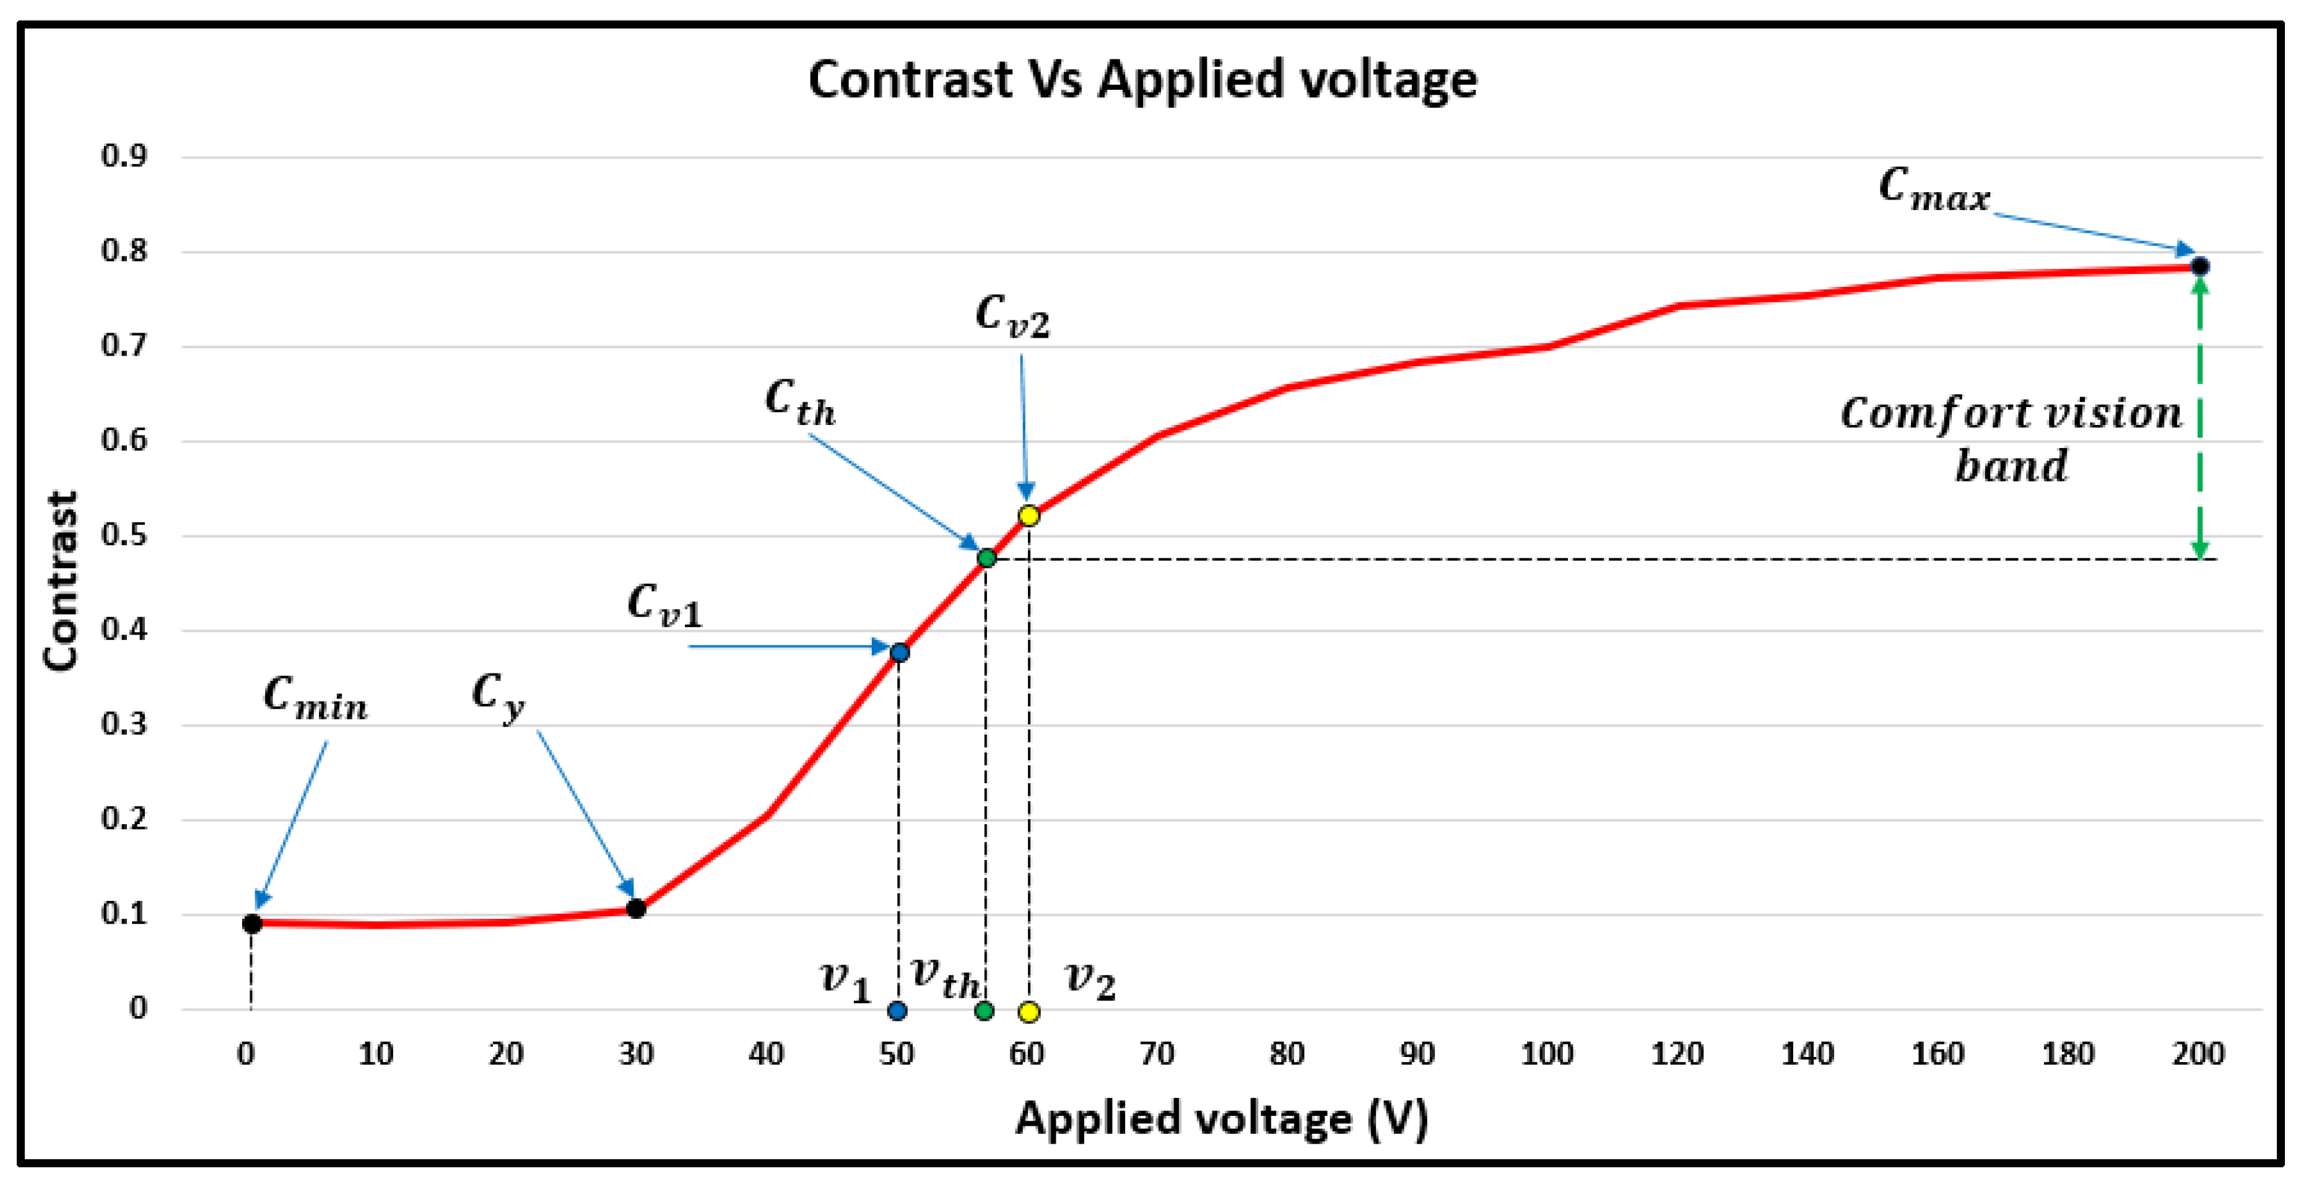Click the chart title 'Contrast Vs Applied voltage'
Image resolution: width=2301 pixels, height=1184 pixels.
click(x=1142, y=81)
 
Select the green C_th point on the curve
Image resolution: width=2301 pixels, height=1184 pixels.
click(x=986, y=558)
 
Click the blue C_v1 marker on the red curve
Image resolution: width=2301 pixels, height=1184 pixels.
click(x=900, y=652)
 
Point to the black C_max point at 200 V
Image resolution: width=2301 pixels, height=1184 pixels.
click(x=2199, y=266)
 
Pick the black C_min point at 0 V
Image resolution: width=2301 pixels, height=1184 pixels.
click(x=252, y=923)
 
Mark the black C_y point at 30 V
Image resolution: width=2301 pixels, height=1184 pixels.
click(x=636, y=909)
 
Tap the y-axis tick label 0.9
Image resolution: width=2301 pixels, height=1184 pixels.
click(x=124, y=156)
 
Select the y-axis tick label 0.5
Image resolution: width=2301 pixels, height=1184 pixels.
click(x=124, y=535)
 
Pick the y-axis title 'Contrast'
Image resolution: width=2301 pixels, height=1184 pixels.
click(x=61, y=581)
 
